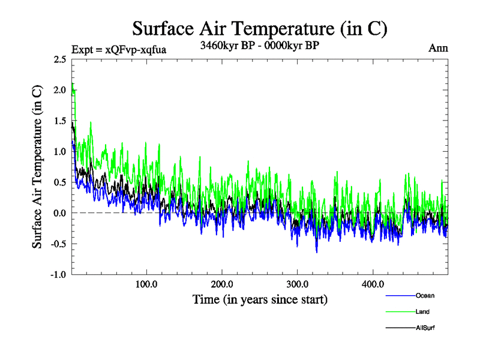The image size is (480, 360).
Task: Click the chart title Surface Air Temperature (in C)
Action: [260, 28]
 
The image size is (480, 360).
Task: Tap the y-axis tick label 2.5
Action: [60, 59]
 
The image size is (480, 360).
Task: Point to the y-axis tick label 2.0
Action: [60, 90]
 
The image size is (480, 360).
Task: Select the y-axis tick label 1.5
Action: [60, 121]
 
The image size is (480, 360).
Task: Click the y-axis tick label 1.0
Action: [60, 152]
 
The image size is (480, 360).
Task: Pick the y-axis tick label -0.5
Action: [59, 244]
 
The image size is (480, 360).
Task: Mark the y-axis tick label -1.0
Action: [59, 275]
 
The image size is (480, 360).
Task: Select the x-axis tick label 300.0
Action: [298, 284]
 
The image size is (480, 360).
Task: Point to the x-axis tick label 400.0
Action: [373, 284]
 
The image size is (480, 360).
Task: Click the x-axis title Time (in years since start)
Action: [260, 298]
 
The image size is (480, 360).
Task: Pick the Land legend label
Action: [422, 311]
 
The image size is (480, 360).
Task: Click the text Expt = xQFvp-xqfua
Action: [118, 49]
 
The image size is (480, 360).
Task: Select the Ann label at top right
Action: [438, 48]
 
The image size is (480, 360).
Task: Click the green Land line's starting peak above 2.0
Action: [72, 85]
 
